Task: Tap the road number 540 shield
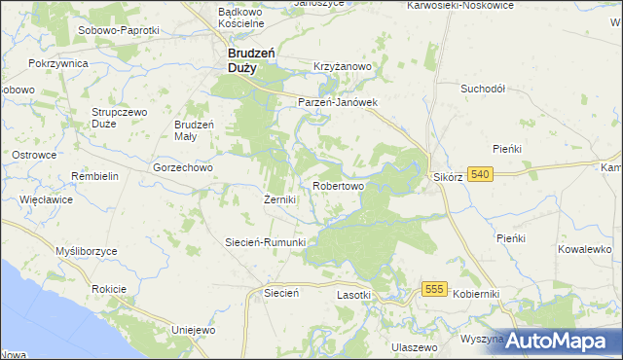[479, 174]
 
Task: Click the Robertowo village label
[338, 185]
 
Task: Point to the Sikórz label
[447, 179]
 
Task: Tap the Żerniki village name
[279, 199]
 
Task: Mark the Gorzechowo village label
[182, 166]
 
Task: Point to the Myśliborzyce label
[86, 251]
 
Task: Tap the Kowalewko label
[584, 249]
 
